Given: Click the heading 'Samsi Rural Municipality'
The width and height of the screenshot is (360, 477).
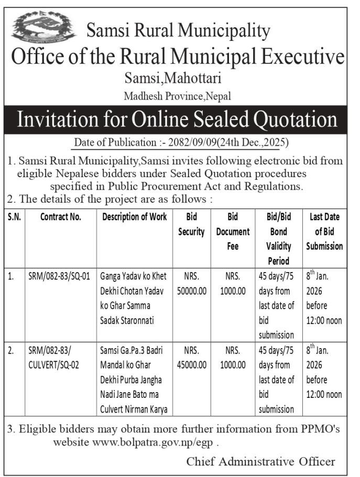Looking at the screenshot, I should (x=178, y=31).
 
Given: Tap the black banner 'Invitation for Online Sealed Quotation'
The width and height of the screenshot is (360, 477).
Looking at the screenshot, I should (x=176, y=120).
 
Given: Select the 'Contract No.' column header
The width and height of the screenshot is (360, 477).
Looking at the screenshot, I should (x=61, y=217).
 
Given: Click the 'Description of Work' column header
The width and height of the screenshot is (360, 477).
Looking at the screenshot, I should (x=135, y=217).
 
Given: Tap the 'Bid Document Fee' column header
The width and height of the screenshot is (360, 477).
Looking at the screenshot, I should (x=233, y=231).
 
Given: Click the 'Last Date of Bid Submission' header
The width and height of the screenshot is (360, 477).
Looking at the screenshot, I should (x=324, y=231).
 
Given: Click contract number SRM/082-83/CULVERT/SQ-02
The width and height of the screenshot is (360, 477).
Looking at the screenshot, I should (x=53, y=357).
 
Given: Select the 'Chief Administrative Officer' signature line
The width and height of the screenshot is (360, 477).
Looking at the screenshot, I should (x=260, y=461).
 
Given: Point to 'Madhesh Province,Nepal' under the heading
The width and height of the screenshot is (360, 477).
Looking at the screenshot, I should (x=177, y=96).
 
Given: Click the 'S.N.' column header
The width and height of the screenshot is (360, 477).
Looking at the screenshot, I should (x=15, y=217).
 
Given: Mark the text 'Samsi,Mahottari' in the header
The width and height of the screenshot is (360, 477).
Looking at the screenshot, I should (x=173, y=79).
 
